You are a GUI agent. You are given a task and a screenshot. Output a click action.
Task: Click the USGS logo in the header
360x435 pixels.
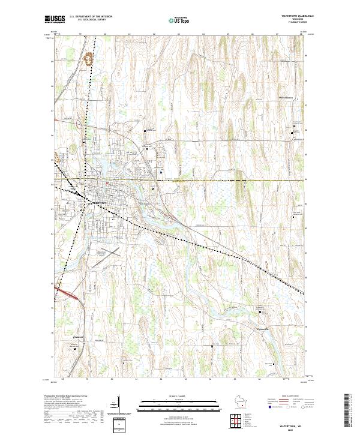55,20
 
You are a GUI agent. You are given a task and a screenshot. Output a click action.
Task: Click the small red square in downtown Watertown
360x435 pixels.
107,183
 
